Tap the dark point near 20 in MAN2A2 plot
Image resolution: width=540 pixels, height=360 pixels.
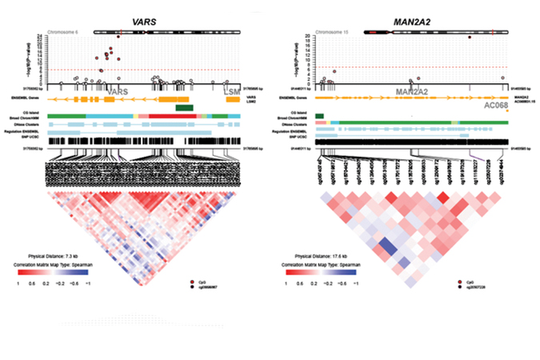(x=470, y=38)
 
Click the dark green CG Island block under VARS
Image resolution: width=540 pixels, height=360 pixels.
(x=184, y=107)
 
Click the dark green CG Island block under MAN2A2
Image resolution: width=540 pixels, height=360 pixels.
(x=320, y=117)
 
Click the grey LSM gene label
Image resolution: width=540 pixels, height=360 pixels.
(x=232, y=93)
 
